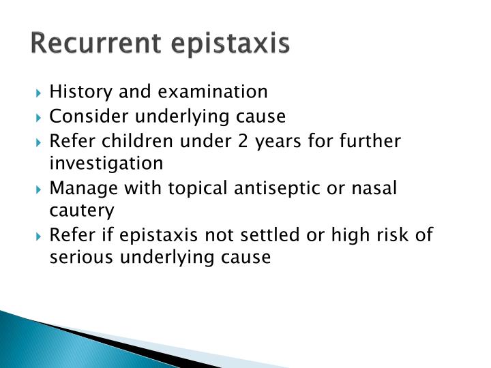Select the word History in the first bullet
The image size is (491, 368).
(x=78, y=91)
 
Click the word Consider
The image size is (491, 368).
(x=85, y=117)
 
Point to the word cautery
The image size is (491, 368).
(x=83, y=211)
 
